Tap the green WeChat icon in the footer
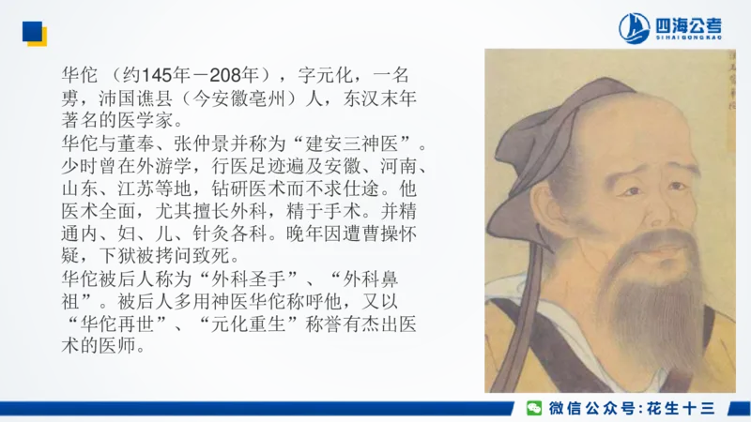[533, 407]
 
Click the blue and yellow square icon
[34, 34]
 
